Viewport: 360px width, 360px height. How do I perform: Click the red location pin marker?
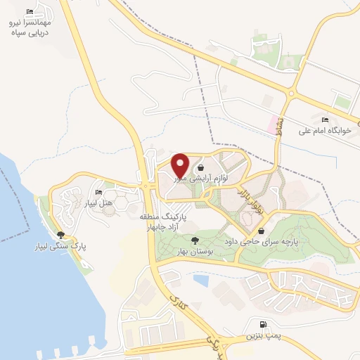[180, 165]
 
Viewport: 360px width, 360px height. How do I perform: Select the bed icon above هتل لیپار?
[98, 192]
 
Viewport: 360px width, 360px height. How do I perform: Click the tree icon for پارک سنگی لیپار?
[61, 236]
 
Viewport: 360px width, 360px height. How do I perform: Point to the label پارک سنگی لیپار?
[61, 247]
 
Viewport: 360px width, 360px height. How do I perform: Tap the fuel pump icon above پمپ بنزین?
[263, 325]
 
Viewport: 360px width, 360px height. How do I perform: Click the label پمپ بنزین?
[263, 337]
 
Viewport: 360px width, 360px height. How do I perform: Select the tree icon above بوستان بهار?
[195, 240]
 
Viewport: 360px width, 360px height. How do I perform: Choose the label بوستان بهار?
[195, 252]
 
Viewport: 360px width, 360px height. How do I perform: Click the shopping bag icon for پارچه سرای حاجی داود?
[262, 230]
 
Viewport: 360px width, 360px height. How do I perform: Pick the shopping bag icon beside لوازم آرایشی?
[202, 167]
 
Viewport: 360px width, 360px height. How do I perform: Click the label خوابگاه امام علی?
[323, 130]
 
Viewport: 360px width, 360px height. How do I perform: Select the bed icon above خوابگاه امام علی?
[323, 118]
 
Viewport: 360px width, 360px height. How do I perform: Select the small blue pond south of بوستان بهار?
[202, 280]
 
